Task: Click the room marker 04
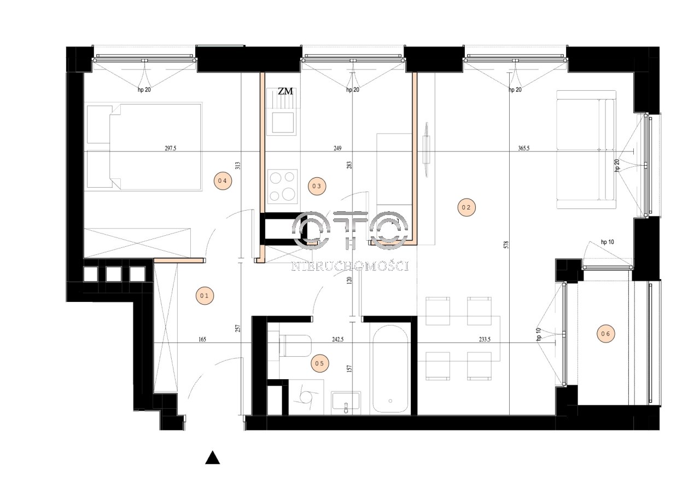pos(223,181)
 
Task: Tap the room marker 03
pos(317,187)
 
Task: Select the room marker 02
pos(466,207)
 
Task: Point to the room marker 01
pos(205,295)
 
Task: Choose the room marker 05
pos(320,363)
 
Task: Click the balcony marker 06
pos(605,334)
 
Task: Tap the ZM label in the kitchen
pos(285,91)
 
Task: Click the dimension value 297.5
pos(171,148)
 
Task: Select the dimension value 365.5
pos(524,148)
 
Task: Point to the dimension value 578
pos(506,245)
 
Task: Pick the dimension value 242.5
pos(338,339)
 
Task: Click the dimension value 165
pos(202,339)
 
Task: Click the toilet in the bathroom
pos(295,345)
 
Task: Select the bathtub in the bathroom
pos(390,369)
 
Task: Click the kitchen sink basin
pos(283,123)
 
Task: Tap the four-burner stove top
pos(283,187)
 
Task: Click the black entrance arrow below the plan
pos(213,457)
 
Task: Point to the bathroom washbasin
pos(346,401)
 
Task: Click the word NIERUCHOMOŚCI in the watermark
pos(350,266)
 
